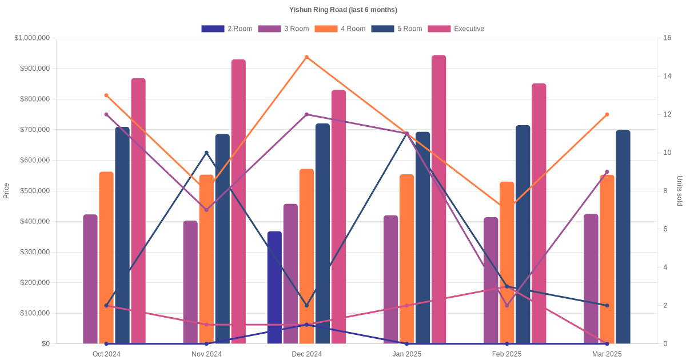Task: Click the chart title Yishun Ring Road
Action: coord(343,10)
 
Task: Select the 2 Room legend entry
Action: coord(227,29)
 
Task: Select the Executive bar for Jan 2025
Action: coord(438,199)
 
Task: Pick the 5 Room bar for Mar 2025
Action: coord(623,237)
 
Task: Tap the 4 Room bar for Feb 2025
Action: coord(507,262)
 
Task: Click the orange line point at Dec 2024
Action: coord(306,57)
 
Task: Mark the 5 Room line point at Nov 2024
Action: coord(206,153)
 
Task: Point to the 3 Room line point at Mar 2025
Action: coord(607,171)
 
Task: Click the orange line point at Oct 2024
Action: coord(106,95)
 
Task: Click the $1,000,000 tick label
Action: coord(33,38)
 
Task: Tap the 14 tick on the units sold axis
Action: coord(667,76)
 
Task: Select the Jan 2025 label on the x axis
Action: coord(406,354)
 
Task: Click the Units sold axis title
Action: coord(679,191)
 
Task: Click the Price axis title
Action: coord(6,191)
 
